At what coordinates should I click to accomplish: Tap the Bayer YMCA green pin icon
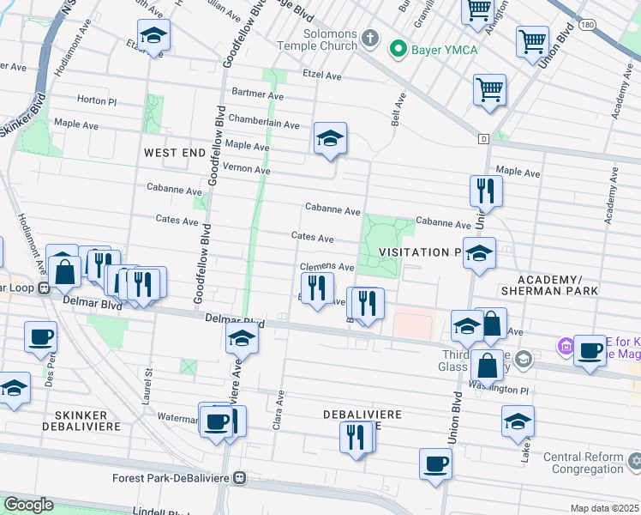[397, 50]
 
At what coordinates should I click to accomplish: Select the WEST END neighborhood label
[175, 153]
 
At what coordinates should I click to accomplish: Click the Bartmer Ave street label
[257, 92]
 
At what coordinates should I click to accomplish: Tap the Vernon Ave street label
[246, 170]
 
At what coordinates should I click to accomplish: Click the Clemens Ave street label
[326, 268]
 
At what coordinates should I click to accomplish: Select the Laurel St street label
[148, 381]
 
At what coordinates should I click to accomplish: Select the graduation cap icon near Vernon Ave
[330, 138]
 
